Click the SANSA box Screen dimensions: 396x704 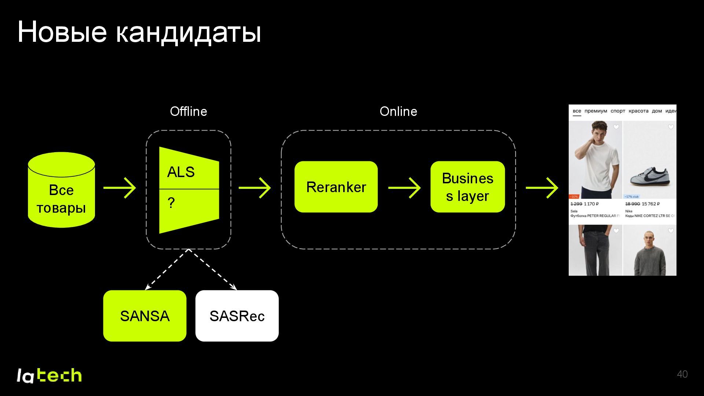tap(144, 316)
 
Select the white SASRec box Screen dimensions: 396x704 tap(237, 316)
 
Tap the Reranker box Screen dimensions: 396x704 tap(336, 187)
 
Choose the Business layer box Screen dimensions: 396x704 tap(467, 187)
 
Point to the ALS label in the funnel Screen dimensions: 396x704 tap(181, 172)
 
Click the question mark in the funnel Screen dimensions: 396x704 tap(171, 203)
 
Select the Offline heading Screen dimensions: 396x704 tap(188, 111)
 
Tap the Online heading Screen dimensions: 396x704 tap(398, 111)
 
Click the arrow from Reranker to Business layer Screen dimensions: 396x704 tap(404, 188)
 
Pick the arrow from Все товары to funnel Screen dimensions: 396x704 tap(120, 188)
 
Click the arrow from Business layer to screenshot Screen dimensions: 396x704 tap(542, 188)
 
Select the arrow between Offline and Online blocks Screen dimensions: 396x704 tap(255, 188)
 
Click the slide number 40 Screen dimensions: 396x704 tap(682, 374)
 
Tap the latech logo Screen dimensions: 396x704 tap(49, 375)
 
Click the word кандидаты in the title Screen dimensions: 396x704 tap(188, 32)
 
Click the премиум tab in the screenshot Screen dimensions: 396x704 tap(595, 111)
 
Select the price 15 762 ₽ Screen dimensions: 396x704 tap(650, 204)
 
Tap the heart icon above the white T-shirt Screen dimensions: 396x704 tap(616, 127)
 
